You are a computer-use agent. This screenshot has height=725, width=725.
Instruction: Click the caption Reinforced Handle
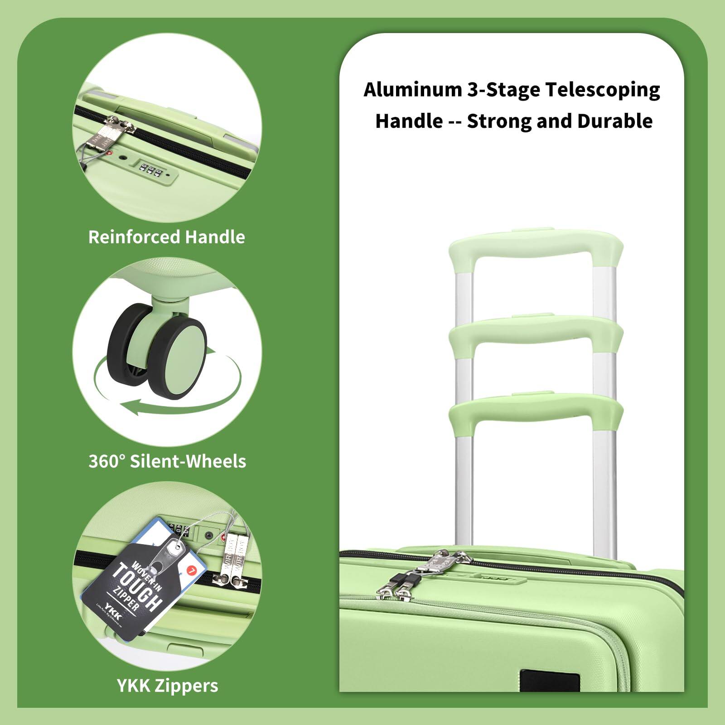coord(167,237)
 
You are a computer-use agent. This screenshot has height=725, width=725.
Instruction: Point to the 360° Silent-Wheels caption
coord(167,461)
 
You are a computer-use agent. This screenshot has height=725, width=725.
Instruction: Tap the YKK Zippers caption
coord(168,686)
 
